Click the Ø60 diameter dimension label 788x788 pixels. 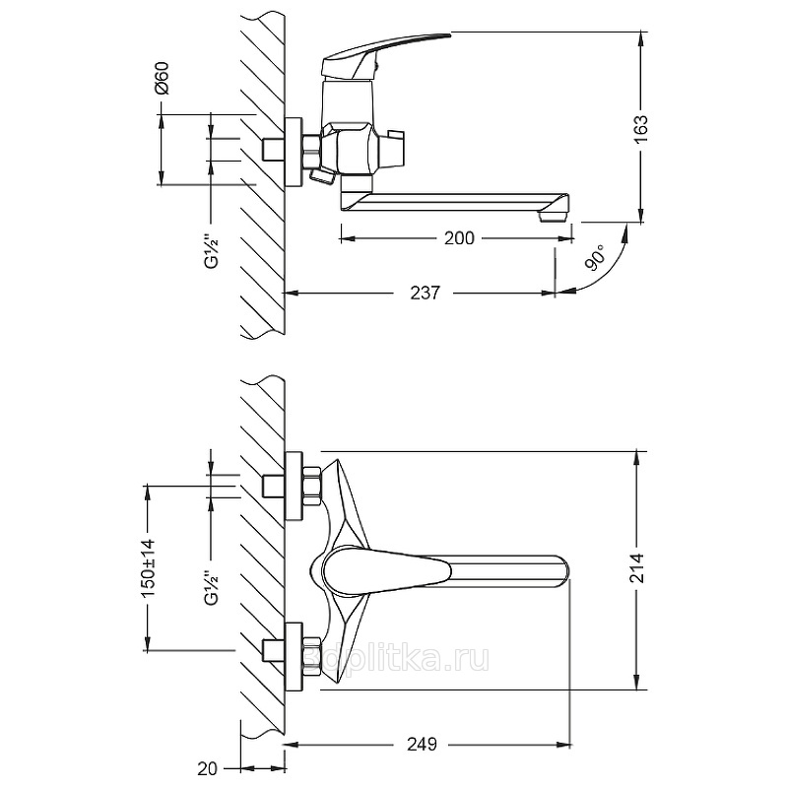(163, 78)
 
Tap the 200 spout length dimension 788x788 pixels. (459, 237)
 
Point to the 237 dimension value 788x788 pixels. (426, 293)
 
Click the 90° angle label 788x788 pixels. (596, 259)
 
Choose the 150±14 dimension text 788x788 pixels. (149, 568)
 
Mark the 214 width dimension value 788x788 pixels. (636, 568)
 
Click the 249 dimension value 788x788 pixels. (422, 744)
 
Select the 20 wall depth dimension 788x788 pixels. (207, 768)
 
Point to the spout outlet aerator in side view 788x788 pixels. (553, 217)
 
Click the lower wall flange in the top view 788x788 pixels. (294, 657)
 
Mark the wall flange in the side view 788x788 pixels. (294, 153)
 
